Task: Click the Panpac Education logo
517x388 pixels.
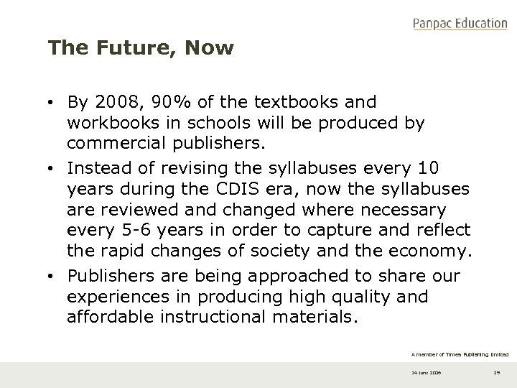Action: [460, 24]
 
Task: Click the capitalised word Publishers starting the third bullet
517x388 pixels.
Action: [108, 277]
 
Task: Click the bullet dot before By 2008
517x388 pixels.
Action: [52, 103]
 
